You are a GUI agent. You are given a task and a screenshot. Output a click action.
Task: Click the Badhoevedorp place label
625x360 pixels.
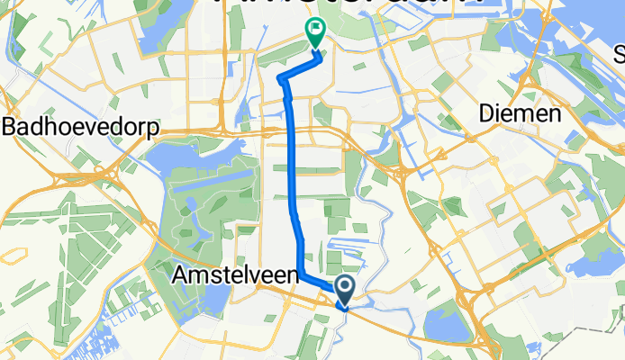click(x=80, y=128)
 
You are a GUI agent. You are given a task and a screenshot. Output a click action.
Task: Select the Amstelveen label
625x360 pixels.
click(x=234, y=277)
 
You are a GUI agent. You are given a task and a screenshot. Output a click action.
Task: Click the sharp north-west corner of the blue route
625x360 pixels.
click(x=282, y=80)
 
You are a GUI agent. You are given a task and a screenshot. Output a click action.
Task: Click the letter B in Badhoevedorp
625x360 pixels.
click(x=10, y=128)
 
